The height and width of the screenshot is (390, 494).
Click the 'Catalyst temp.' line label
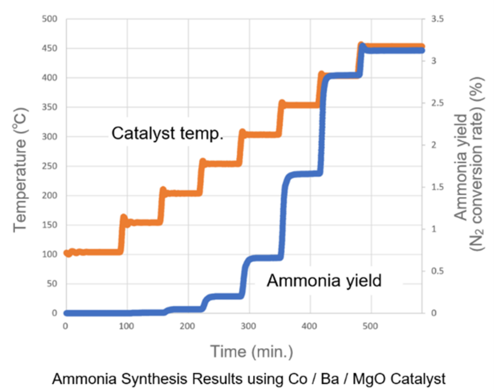coord(168,134)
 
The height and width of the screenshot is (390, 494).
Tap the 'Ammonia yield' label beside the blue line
coord(324,281)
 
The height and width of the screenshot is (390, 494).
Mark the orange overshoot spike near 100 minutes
coord(123,218)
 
